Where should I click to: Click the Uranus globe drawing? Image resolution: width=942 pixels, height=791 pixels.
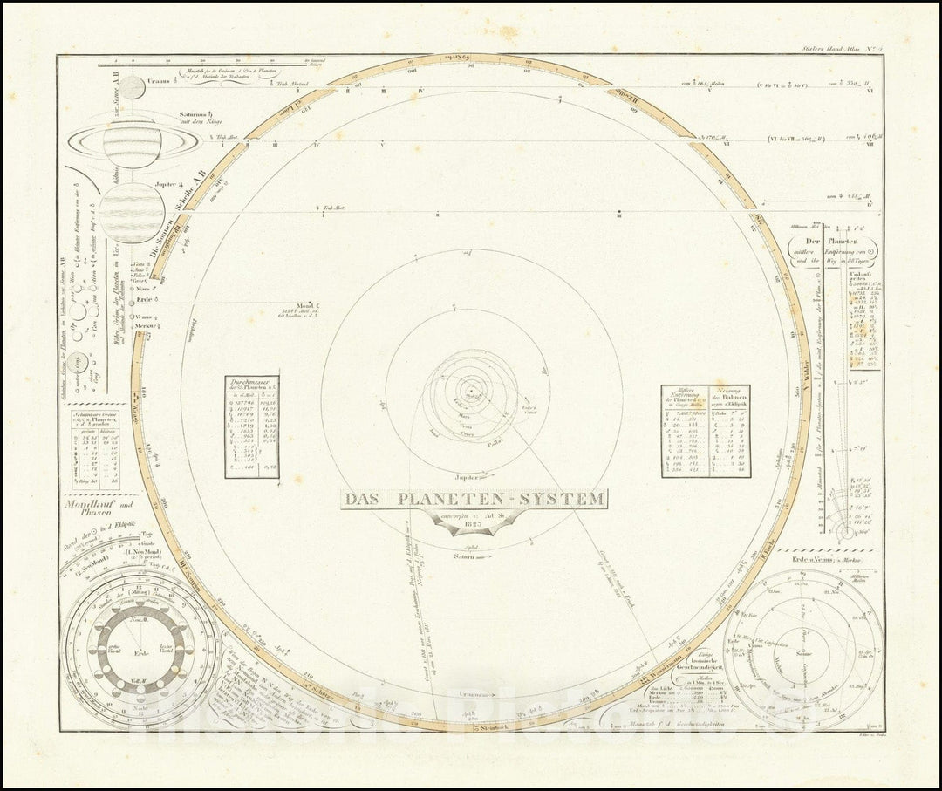(x=132, y=87)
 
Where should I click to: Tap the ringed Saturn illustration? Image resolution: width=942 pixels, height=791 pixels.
(x=132, y=143)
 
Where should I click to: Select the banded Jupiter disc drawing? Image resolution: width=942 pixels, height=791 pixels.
(x=131, y=213)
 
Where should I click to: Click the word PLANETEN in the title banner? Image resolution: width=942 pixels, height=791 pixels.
(x=441, y=500)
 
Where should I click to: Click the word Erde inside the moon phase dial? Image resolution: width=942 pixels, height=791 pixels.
(x=141, y=650)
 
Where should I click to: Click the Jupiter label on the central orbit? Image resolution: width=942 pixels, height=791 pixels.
(x=468, y=478)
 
